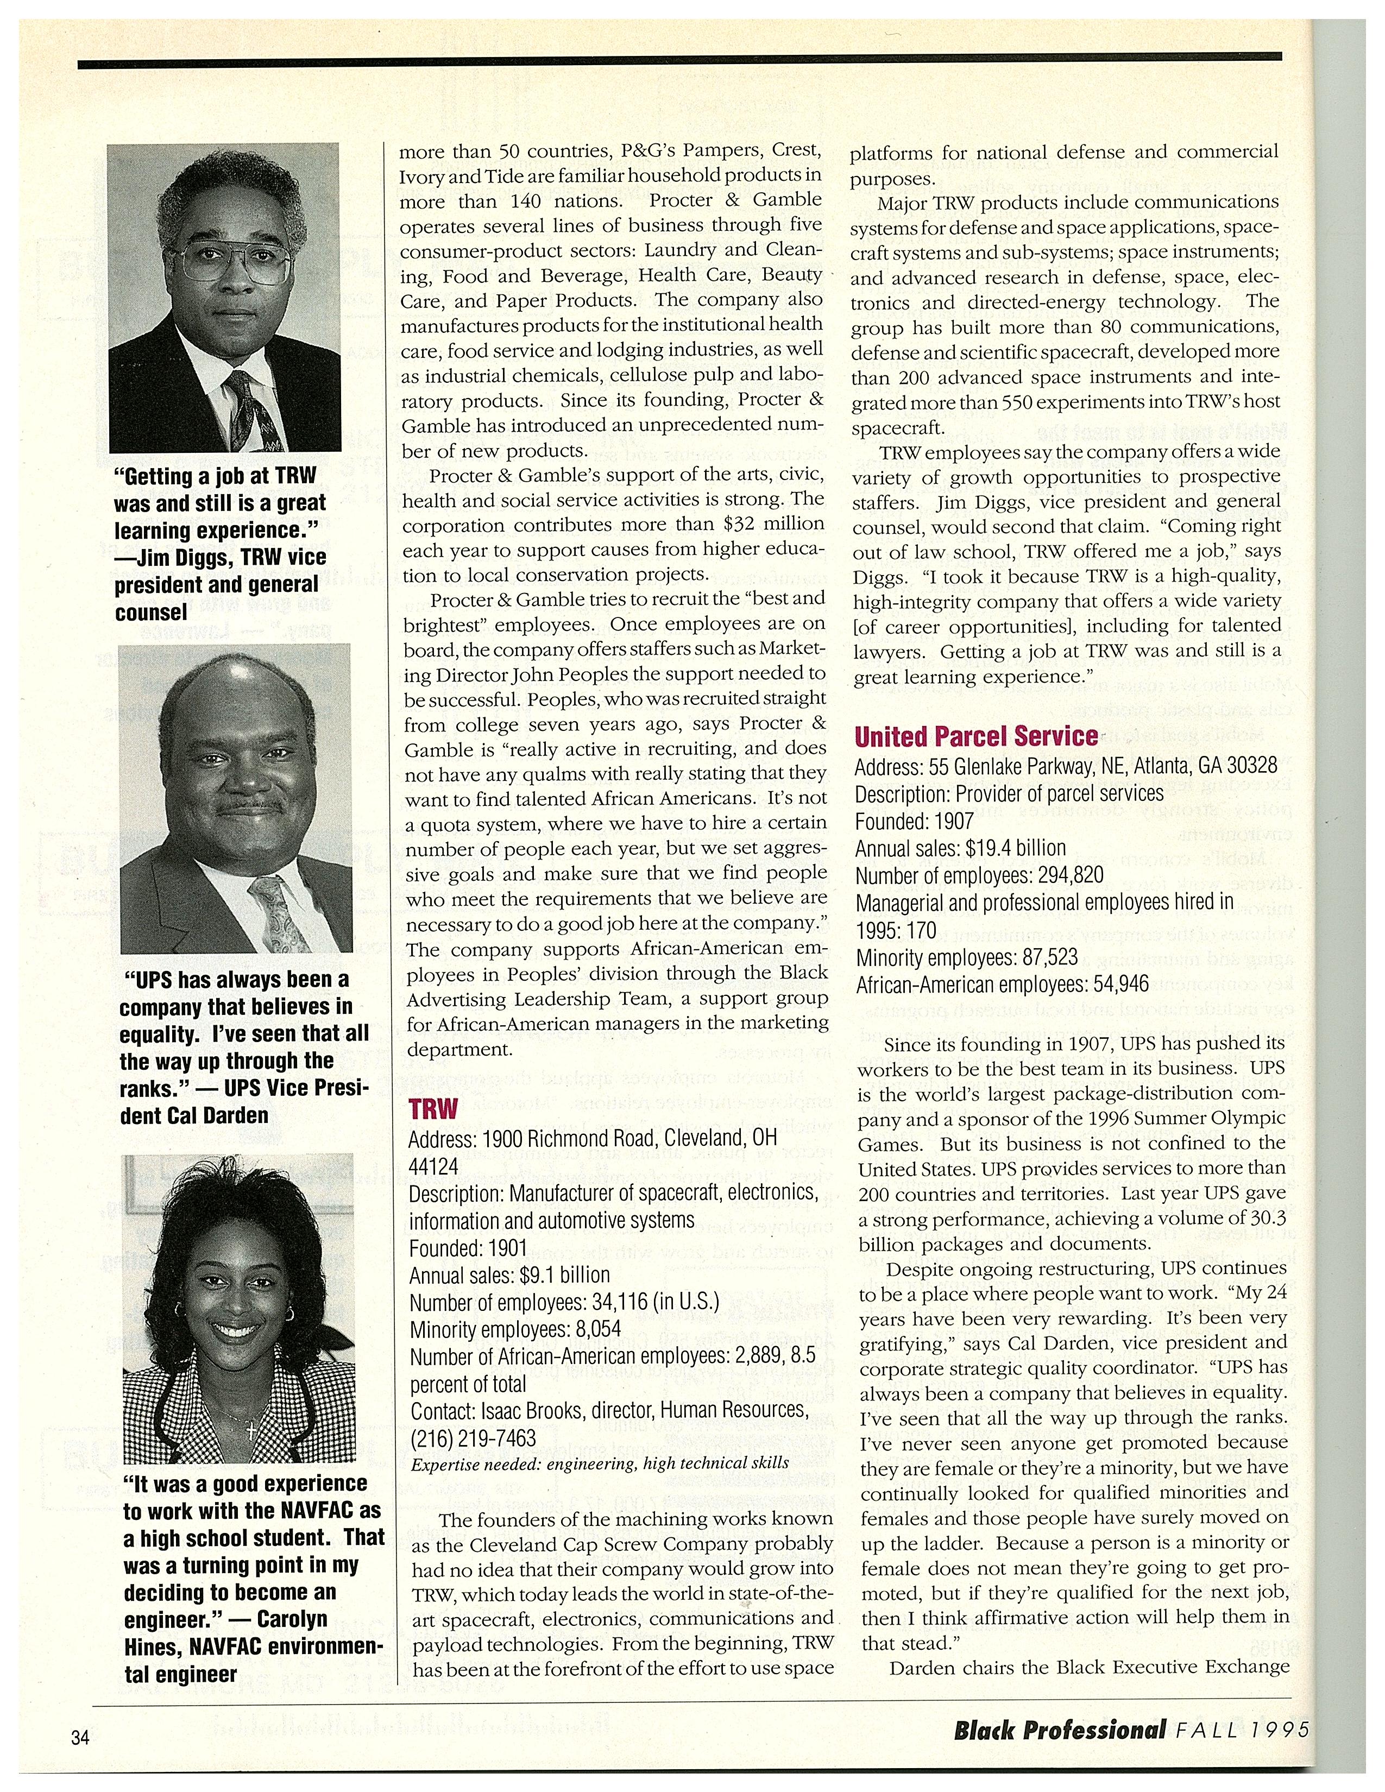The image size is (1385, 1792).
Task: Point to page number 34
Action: coord(80,1738)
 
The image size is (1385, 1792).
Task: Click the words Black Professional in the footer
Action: coord(1059,1730)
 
